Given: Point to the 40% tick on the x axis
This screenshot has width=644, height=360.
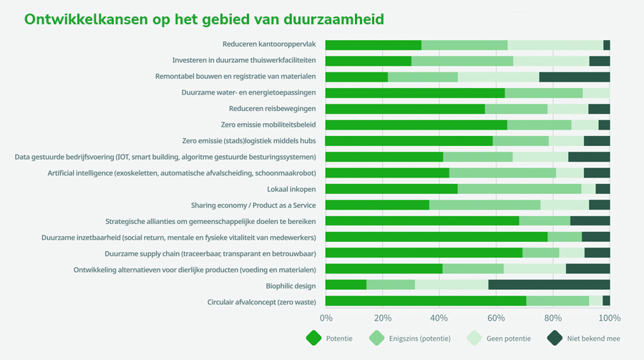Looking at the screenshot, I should tap(439, 318).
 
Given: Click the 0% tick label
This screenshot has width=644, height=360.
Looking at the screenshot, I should tap(326, 318).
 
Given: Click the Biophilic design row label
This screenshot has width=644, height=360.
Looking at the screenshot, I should tap(291, 286).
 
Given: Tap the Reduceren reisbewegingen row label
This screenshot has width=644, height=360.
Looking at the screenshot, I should tap(273, 109).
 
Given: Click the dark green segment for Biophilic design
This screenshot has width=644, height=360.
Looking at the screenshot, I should tap(549, 285).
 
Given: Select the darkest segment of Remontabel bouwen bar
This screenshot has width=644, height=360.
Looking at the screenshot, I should tap(575, 77).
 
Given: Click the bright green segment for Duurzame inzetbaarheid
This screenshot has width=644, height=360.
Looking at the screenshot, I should tap(436, 237).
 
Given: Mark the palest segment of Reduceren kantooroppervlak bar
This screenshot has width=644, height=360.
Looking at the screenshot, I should tap(555, 45).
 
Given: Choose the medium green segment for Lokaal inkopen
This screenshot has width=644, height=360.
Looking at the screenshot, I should tap(519, 189).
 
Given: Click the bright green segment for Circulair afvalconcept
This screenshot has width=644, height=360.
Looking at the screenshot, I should tap(426, 301).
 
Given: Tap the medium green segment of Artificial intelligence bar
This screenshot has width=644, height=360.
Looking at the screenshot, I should tap(502, 172).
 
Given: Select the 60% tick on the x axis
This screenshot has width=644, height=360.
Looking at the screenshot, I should tap(496, 318).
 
